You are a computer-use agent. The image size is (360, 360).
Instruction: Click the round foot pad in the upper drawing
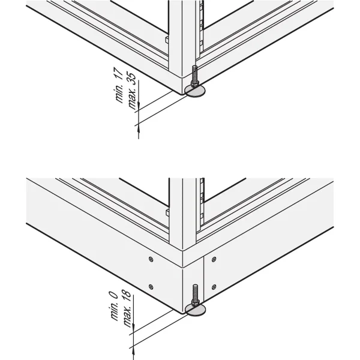[196, 91]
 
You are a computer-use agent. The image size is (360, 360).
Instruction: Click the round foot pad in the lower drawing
[195, 309]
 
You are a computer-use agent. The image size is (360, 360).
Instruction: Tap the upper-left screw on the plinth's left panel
[151, 259]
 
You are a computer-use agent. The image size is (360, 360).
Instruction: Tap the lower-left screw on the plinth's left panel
[151, 286]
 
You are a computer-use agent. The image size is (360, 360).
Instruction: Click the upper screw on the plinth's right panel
[214, 259]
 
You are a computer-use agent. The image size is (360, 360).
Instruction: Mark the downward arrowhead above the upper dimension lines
[139, 107]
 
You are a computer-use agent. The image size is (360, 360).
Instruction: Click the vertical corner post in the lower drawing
[182, 216]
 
